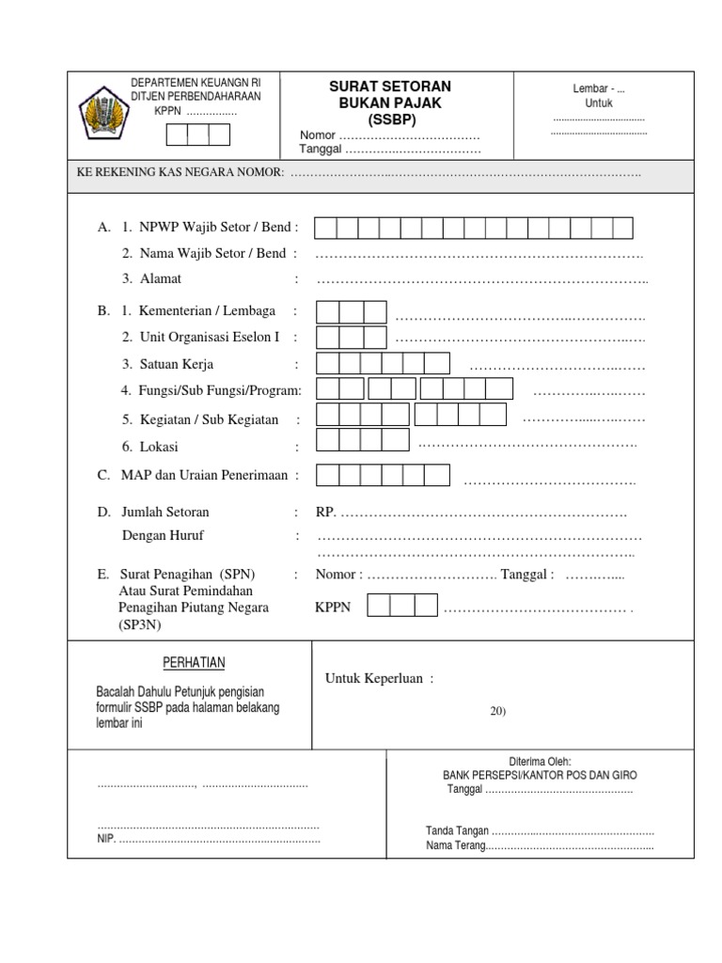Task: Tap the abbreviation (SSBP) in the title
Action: pyautogui.click(x=384, y=119)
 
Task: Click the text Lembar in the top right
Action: pyautogui.click(x=591, y=88)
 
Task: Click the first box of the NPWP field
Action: pyautogui.click(x=325, y=228)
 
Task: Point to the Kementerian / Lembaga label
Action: pyautogui.click(x=207, y=311)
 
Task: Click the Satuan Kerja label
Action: pyautogui.click(x=176, y=364)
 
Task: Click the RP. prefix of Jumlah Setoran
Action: pyautogui.click(x=325, y=513)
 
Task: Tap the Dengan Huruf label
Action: pyautogui.click(x=163, y=535)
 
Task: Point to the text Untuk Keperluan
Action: pyautogui.click(x=379, y=679)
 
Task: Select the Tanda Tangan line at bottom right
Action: pyautogui.click(x=540, y=830)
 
